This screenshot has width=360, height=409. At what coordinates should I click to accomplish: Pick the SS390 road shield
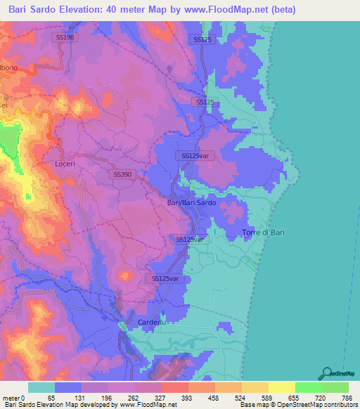coord(122,174)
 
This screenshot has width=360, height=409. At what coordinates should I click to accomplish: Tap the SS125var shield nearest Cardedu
coord(167,279)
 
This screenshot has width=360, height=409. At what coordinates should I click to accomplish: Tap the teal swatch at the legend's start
coord(41,387)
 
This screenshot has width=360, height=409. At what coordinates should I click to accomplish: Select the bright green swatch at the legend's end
coord(335,387)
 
